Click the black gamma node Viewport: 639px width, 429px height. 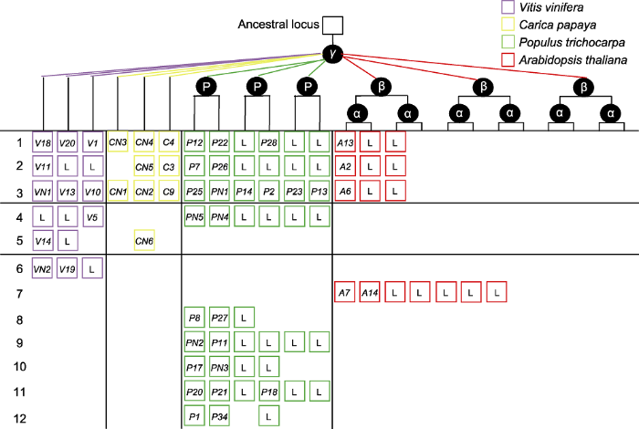click(x=332, y=54)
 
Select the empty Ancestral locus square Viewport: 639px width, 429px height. click(x=332, y=26)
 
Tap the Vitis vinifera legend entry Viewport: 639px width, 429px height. click(x=542, y=7)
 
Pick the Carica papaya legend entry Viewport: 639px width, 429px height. click(x=549, y=25)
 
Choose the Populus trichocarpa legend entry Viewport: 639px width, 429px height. click(x=563, y=42)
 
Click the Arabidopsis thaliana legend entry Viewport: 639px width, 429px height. click(x=564, y=60)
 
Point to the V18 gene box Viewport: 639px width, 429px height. click(x=42, y=142)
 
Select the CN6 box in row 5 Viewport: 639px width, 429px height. click(x=144, y=240)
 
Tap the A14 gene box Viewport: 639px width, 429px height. click(x=370, y=292)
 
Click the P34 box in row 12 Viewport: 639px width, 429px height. click(x=219, y=416)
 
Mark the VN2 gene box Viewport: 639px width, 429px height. click(x=42, y=268)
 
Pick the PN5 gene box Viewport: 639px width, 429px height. click(x=194, y=216)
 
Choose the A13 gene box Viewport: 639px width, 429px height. click(x=345, y=142)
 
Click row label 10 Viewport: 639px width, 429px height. click(x=19, y=366)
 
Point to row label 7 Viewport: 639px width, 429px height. click(x=19, y=293)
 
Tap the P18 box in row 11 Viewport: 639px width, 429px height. click(x=269, y=391)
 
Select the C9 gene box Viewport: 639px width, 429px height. click(x=169, y=190)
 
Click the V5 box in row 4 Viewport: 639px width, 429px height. click(x=92, y=216)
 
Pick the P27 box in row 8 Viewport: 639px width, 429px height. click(x=219, y=317)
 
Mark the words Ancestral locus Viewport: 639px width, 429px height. click(x=278, y=25)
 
